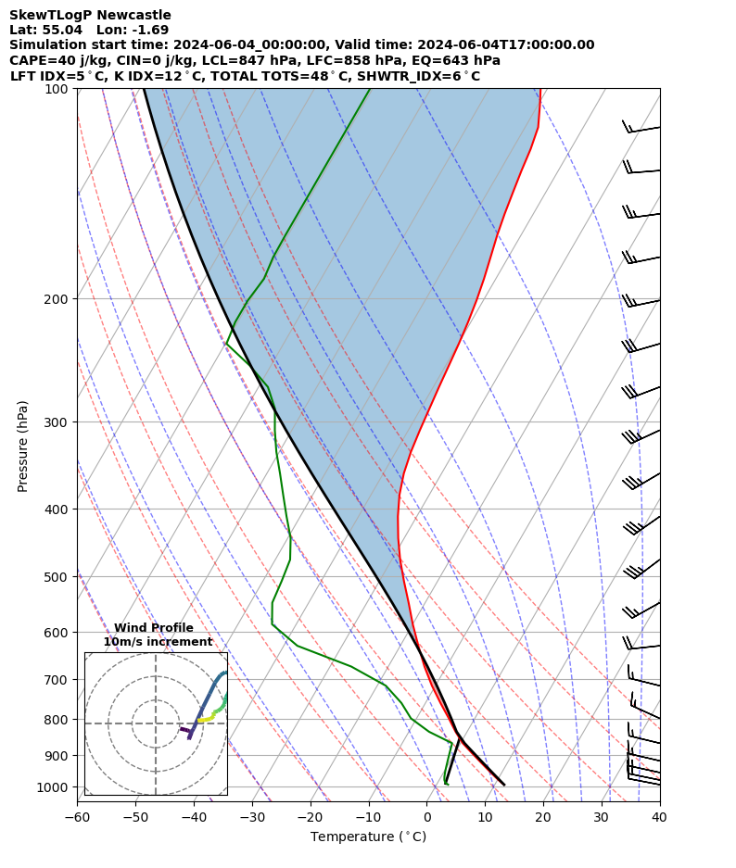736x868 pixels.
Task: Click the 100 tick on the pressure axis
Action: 58,89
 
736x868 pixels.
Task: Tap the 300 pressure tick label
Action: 58,422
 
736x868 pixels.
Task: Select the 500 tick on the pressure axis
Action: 58,577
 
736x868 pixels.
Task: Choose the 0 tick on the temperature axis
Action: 427,817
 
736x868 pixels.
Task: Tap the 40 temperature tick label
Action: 659,817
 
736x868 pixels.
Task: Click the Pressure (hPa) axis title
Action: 22,446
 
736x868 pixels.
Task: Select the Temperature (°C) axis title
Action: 368,837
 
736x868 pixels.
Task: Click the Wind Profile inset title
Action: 154,628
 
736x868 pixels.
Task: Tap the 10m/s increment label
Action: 158,642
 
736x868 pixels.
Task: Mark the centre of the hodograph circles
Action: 156,723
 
